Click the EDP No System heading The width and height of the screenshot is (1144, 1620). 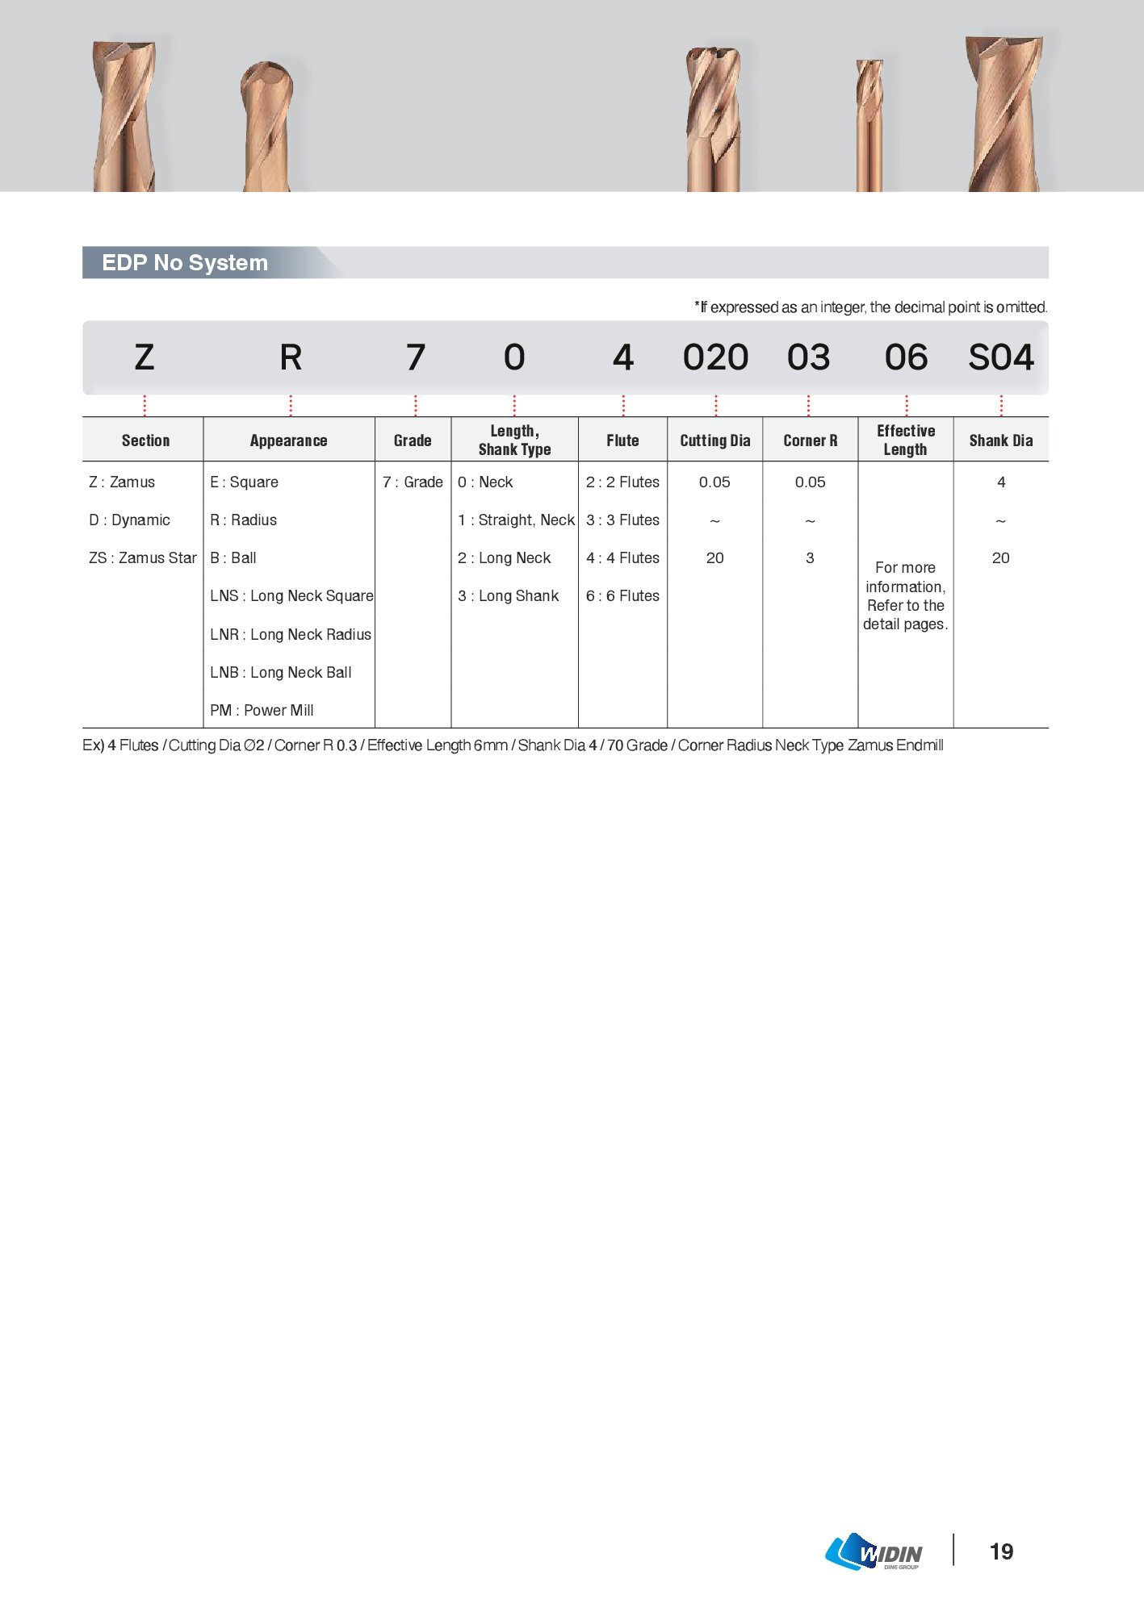pyautogui.click(x=185, y=263)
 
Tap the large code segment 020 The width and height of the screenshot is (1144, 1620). pyautogui.click(x=715, y=357)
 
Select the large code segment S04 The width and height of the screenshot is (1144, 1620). pyautogui.click(x=1000, y=357)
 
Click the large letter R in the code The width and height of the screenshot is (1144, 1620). pyautogui.click(x=291, y=357)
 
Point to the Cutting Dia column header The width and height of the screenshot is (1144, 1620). pyautogui.click(x=714, y=440)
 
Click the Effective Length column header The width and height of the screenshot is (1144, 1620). pyautogui.click(x=905, y=440)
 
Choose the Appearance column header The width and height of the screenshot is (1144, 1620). pyautogui.click(x=288, y=440)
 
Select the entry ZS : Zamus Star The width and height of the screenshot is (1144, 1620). pyautogui.click(x=142, y=558)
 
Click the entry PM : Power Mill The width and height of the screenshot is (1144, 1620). pyautogui.click(x=262, y=711)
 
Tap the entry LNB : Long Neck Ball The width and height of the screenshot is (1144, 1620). pyautogui.click(x=280, y=673)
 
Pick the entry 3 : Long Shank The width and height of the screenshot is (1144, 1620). pyautogui.click(x=508, y=596)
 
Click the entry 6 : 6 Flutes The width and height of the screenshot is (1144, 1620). pyautogui.click(x=622, y=596)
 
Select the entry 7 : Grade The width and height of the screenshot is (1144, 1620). pyautogui.click(x=413, y=482)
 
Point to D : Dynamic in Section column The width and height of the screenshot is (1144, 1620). pyautogui.click(x=129, y=520)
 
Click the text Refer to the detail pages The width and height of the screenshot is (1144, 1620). pyautogui.click(x=905, y=615)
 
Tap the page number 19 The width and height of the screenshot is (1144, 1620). pyautogui.click(x=1001, y=1551)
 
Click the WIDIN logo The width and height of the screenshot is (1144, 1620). pyautogui.click(x=874, y=1552)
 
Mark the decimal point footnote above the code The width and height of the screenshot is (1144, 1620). pyautogui.click(x=870, y=307)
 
